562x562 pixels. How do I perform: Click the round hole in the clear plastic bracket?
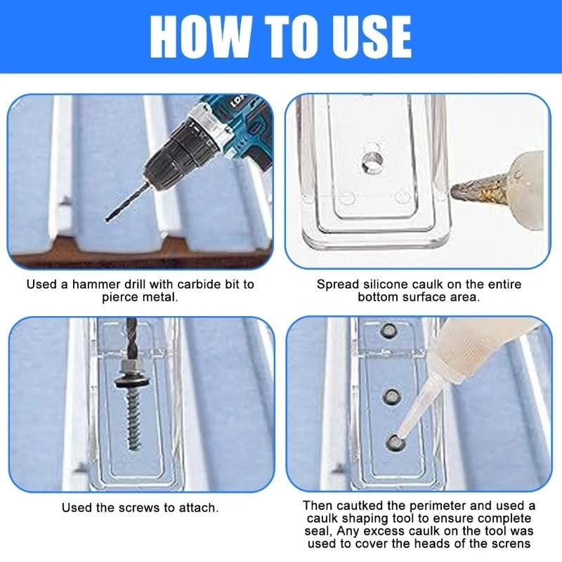372,162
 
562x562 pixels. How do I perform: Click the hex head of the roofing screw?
133,366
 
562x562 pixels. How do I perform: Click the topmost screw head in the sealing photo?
389,330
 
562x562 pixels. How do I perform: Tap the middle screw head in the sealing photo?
391,397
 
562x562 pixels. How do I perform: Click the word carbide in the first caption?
199,285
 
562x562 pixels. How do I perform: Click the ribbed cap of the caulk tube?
458,345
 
